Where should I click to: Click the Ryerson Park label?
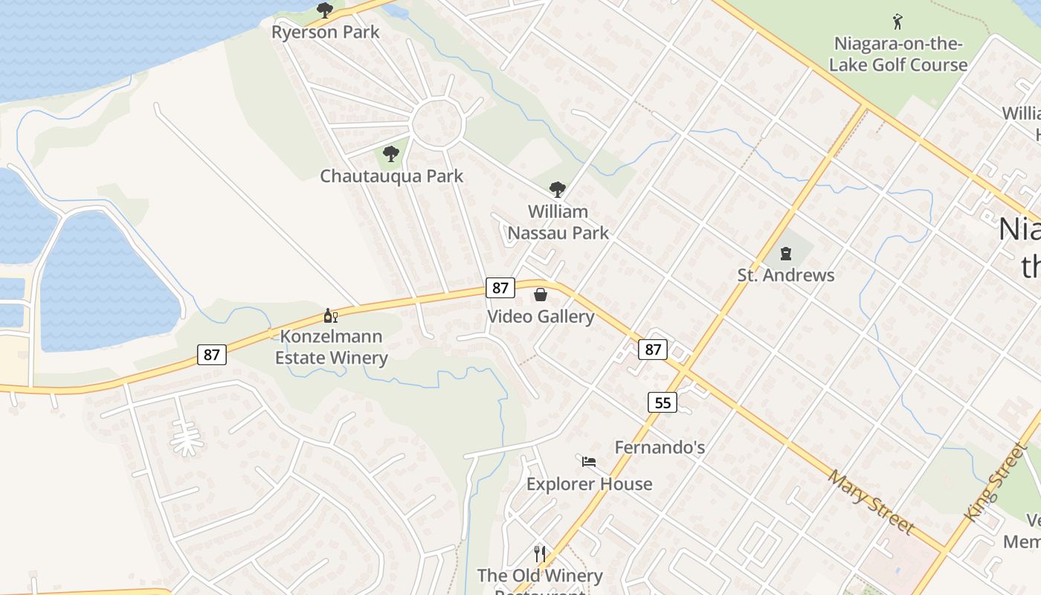pyautogui.click(x=325, y=32)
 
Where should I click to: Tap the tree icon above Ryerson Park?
pyautogui.click(x=324, y=10)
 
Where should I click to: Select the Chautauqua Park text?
pyautogui.click(x=391, y=176)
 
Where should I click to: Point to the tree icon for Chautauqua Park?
pyautogui.click(x=390, y=154)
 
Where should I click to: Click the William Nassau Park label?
pyautogui.click(x=558, y=222)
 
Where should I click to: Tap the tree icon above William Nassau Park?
pyautogui.click(x=557, y=190)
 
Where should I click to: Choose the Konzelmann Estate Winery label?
pyautogui.click(x=331, y=347)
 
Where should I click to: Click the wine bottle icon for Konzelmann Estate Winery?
pyautogui.click(x=330, y=315)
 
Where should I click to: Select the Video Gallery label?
pyautogui.click(x=541, y=317)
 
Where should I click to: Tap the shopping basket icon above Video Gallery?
pyautogui.click(x=541, y=295)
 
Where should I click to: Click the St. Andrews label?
pyautogui.click(x=786, y=275)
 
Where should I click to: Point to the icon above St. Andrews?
pyautogui.click(x=786, y=254)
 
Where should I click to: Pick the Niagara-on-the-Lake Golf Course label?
pyautogui.click(x=898, y=54)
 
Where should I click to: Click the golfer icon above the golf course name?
pyautogui.click(x=897, y=21)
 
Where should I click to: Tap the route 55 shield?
pyautogui.click(x=662, y=403)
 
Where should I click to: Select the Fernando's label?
pyautogui.click(x=660, y=448)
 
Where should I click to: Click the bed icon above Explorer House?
pyautogui.click(x=589, y=462)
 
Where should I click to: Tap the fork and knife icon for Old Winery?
pyautogui.click(x=540, y=553)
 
